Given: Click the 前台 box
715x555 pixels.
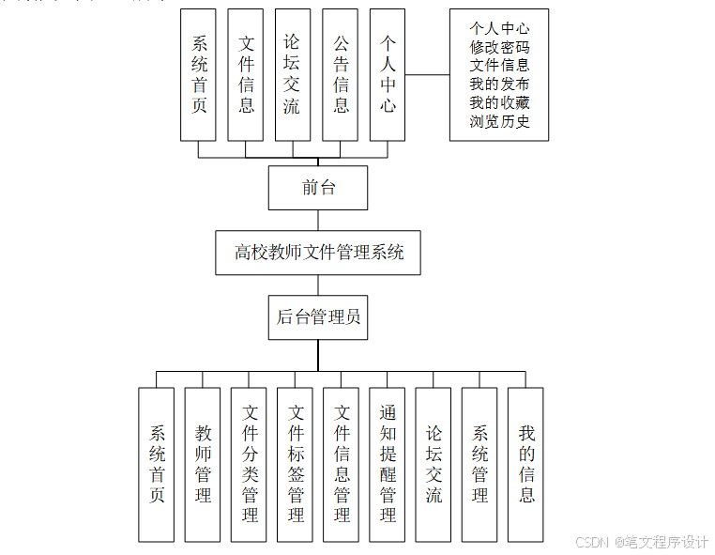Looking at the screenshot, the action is [317, 188].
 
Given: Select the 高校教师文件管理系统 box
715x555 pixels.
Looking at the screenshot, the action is [318, 253].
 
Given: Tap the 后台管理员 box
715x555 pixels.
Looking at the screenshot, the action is [318, 317].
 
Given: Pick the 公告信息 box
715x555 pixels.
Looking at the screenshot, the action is [341, 75].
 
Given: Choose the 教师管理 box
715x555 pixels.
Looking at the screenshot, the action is [203, 464].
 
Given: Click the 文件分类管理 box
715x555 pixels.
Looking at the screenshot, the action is [250, 464].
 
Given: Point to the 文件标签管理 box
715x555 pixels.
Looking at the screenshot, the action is [296, 464].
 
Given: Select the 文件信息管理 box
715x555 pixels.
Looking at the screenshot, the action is [342, 464].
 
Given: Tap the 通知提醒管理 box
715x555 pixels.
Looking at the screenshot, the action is [388, 464].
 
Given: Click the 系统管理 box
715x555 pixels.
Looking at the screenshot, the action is [479, 464].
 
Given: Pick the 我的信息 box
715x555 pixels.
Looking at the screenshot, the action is [526, 464].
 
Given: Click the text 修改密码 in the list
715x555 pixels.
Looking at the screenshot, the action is [499, 47].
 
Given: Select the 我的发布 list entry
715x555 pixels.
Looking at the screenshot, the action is [499, 85].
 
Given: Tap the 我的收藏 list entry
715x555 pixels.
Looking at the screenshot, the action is [499, 102].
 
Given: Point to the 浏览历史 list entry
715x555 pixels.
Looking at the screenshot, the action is [499, 121].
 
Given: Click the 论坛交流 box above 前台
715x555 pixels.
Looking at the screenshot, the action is [293, 75].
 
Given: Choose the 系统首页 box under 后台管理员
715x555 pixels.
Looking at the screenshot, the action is [157, 464].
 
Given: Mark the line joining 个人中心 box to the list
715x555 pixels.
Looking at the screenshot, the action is [427, 74].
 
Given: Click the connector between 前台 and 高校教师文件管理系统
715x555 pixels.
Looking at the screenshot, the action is [318, 220].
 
